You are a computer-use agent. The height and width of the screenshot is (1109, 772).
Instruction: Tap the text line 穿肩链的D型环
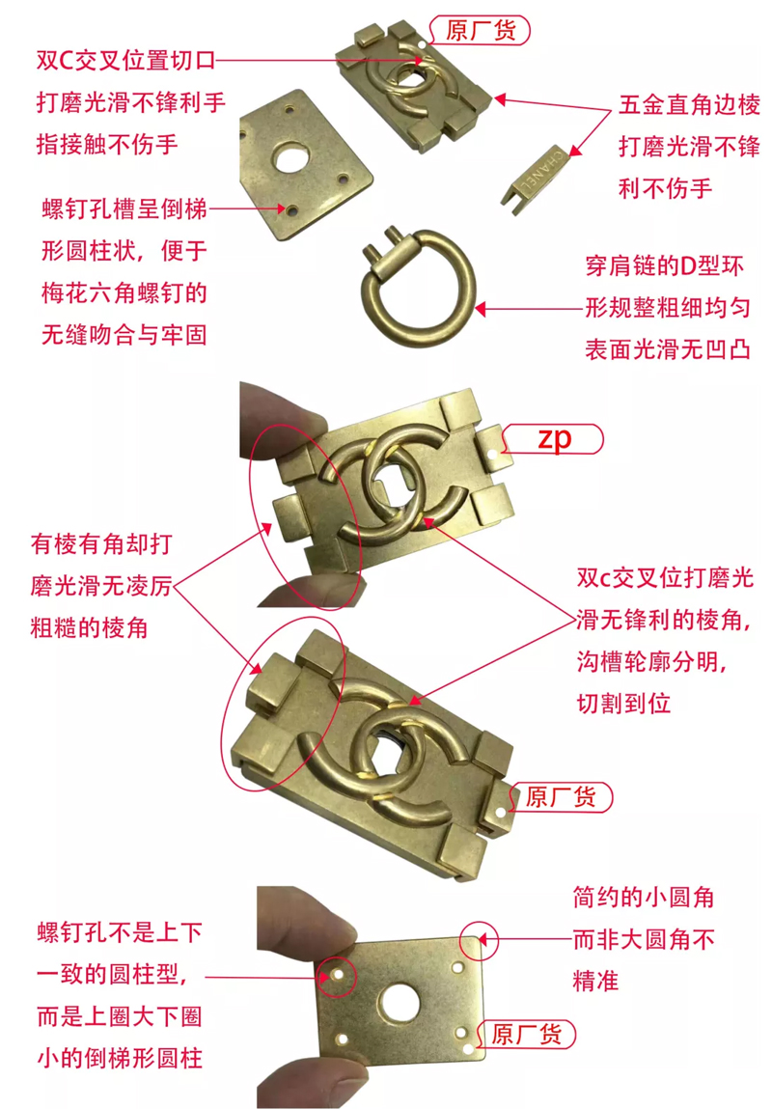(667, 265)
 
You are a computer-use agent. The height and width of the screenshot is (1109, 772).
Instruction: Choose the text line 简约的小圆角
(643, 898)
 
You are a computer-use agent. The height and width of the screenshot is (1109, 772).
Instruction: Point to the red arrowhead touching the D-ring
(480, 310)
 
